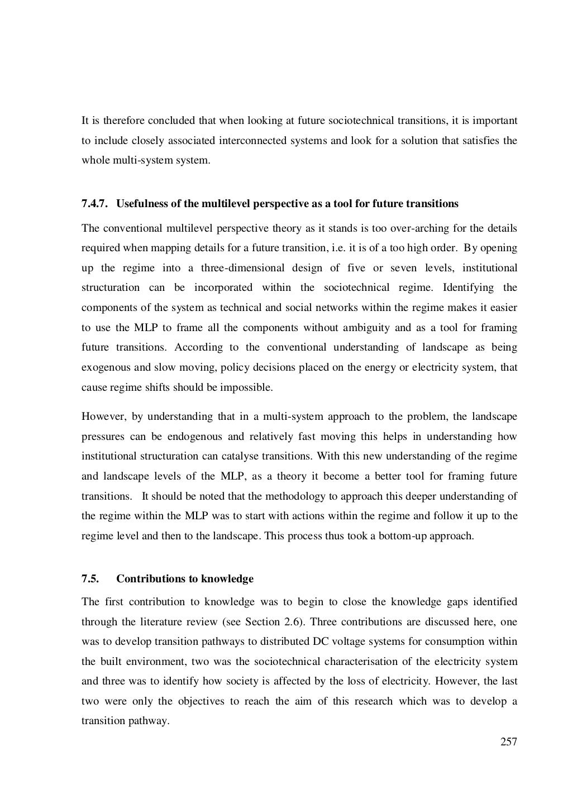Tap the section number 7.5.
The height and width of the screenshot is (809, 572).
coord(90,579)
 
